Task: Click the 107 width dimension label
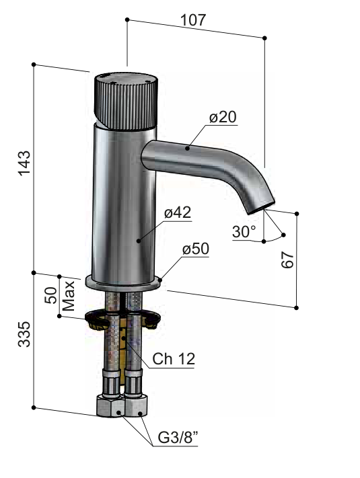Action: (193, 20)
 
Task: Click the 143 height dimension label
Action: (24, 163)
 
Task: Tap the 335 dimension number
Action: (24, 334)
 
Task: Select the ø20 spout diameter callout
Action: (223, 117)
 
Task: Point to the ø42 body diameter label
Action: (178, 212)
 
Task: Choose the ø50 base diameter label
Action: (196, 249)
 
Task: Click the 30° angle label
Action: (244, 232)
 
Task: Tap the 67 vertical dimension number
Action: (287, 260)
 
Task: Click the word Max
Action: (69, 296)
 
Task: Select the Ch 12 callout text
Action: (174, 359)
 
